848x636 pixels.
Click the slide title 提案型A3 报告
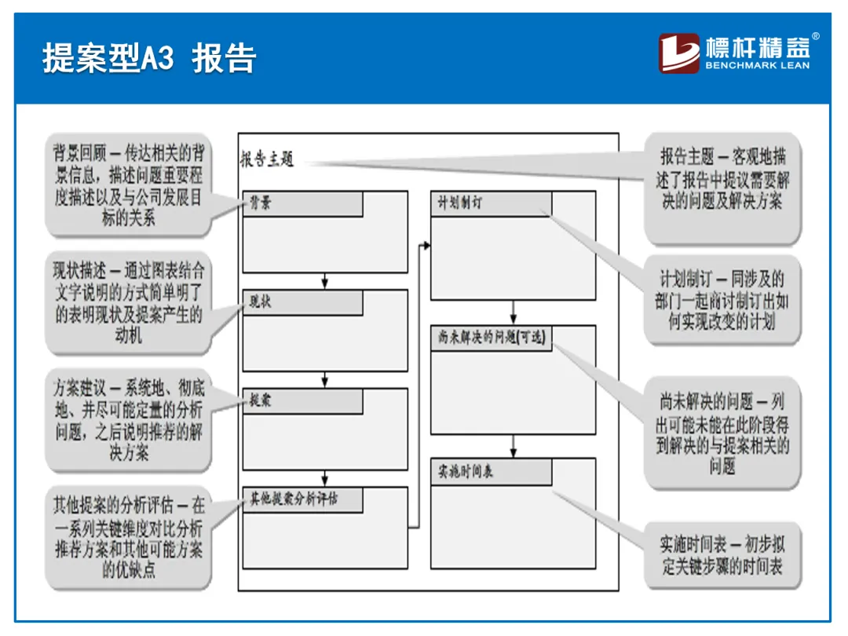(x=149, y=58)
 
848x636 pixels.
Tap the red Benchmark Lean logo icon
(x=678, y=53)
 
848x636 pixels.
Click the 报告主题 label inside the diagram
(x=267, y=159)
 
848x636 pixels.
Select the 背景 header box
(x=302, y=204)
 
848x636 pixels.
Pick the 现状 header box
(x=302, y=302)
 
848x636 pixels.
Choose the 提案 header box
(x=302, y=401)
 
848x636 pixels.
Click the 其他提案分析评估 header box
(x=302, y=499)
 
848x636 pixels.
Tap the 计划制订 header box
(x=491, y=204)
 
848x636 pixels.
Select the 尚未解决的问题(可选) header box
(x=491, y=338)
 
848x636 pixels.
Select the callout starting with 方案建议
(x=127, y=420)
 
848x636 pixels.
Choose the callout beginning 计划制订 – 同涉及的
(x=722, y=300)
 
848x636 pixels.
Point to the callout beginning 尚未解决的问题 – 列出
(x=722, y=433)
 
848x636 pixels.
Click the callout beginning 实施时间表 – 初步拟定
(x=722, y=554)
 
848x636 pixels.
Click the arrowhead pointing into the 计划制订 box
(x=427, y=246)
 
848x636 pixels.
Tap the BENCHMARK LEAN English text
(x=757, y=66)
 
